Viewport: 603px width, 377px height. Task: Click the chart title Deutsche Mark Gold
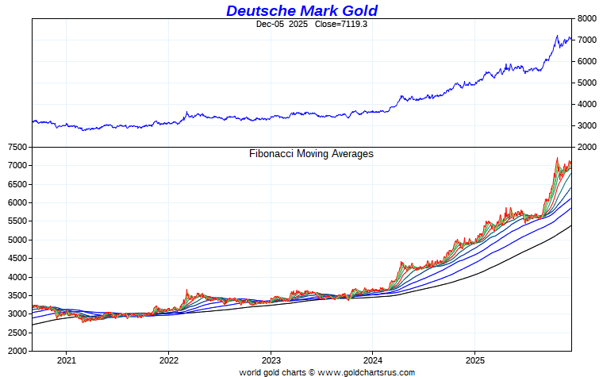301,10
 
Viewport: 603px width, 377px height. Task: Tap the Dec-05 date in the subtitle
271,25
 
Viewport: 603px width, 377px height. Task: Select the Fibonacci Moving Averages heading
311,154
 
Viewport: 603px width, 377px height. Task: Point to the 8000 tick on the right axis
586,18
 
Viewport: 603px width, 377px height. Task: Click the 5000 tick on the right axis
586,83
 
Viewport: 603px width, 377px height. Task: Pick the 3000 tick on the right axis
586,125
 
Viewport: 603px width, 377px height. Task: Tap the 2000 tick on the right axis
586,147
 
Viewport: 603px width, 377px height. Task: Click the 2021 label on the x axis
66,359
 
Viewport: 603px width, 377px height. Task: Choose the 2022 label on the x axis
168,359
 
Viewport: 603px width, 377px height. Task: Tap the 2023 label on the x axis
271,359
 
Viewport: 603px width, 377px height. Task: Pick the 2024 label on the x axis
373,359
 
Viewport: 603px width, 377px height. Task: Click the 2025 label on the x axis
475,359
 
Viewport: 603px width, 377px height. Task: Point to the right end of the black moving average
570,226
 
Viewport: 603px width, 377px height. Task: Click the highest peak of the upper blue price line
557,36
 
